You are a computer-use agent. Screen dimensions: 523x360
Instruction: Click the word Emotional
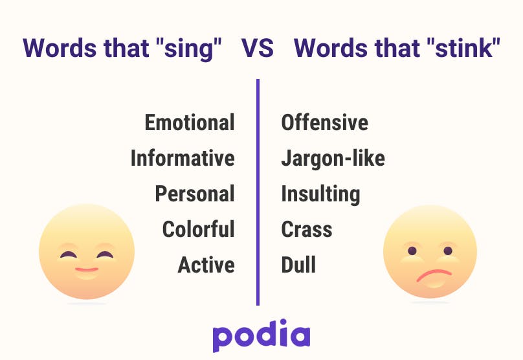pyautogui.click(x=190, y=122)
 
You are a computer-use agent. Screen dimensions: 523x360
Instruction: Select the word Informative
pyautogui.click(x=183, y=158)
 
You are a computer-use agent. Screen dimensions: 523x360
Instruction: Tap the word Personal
pyautogui.click(x=195, y=194)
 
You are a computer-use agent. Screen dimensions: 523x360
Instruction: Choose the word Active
pyautogui.click(x=206, y=265)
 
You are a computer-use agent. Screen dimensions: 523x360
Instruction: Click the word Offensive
pyautogui.click(x=324, y=122)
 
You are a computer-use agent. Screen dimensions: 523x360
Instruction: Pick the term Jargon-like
pyautogui.click(x=333, y=158)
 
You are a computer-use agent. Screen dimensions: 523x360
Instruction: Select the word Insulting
pyautogui.click(x=320, y=194)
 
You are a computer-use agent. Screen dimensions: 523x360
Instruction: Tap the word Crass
pyautogui.click(x=307, y=229)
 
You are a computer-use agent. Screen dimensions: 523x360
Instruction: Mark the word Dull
pyautogui.click(x=298, y=265)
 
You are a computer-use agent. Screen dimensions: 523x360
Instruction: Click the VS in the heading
pyautogui.click(x=258, y=49)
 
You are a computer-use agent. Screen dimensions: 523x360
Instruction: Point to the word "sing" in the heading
pyautogui.click(x=188, y=49)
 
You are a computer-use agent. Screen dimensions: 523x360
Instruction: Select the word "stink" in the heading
pyautogui.click(x=463, y=48)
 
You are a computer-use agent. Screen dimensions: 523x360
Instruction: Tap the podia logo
pyautogui.click(x=261, y=335)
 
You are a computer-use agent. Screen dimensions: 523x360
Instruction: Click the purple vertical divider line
pyautogui.click(x=258, y=192)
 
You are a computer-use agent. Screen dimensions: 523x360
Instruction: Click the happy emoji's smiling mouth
pyautogui.click(x=87, y=269)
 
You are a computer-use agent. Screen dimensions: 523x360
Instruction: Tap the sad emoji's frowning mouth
pyautogui.click(x=434, y=275)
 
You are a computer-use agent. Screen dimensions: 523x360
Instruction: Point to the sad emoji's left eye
pyautogui.click(x=412, y=251)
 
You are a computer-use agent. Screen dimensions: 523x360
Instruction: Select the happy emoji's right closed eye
pyautogui.click(x=105, y=255)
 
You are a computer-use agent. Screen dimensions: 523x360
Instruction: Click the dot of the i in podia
pyautogui.click(x=283, y=322)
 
